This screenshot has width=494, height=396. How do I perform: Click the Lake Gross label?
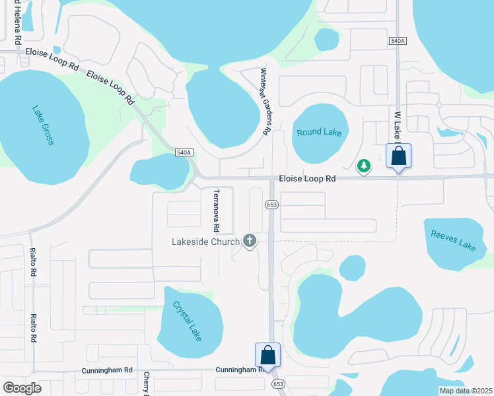(x=43, y=125)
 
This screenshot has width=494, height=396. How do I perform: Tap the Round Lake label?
(x=319, y=132)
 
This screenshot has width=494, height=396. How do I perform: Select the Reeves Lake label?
(x=453, y=240)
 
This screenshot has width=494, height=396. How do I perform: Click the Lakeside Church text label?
(x=207, y=241)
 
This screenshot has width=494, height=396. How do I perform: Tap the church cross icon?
(x=250, y=241)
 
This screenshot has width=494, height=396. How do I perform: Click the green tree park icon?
(x=364, y=166)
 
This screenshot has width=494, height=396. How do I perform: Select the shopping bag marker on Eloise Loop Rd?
(x=398, y=156)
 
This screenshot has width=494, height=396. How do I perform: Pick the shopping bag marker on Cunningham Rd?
(x=267, y=355)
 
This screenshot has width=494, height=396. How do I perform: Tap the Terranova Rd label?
(x=215, y=211)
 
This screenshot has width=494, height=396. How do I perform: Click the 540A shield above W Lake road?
(x=397, y=41)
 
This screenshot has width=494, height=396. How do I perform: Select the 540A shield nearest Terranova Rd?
(x=184, y=153)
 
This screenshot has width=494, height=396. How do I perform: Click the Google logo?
(x=22, y=388)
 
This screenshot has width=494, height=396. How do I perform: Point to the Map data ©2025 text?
(x=465, y=391)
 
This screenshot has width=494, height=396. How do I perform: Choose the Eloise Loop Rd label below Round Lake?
(x=307, y=178)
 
